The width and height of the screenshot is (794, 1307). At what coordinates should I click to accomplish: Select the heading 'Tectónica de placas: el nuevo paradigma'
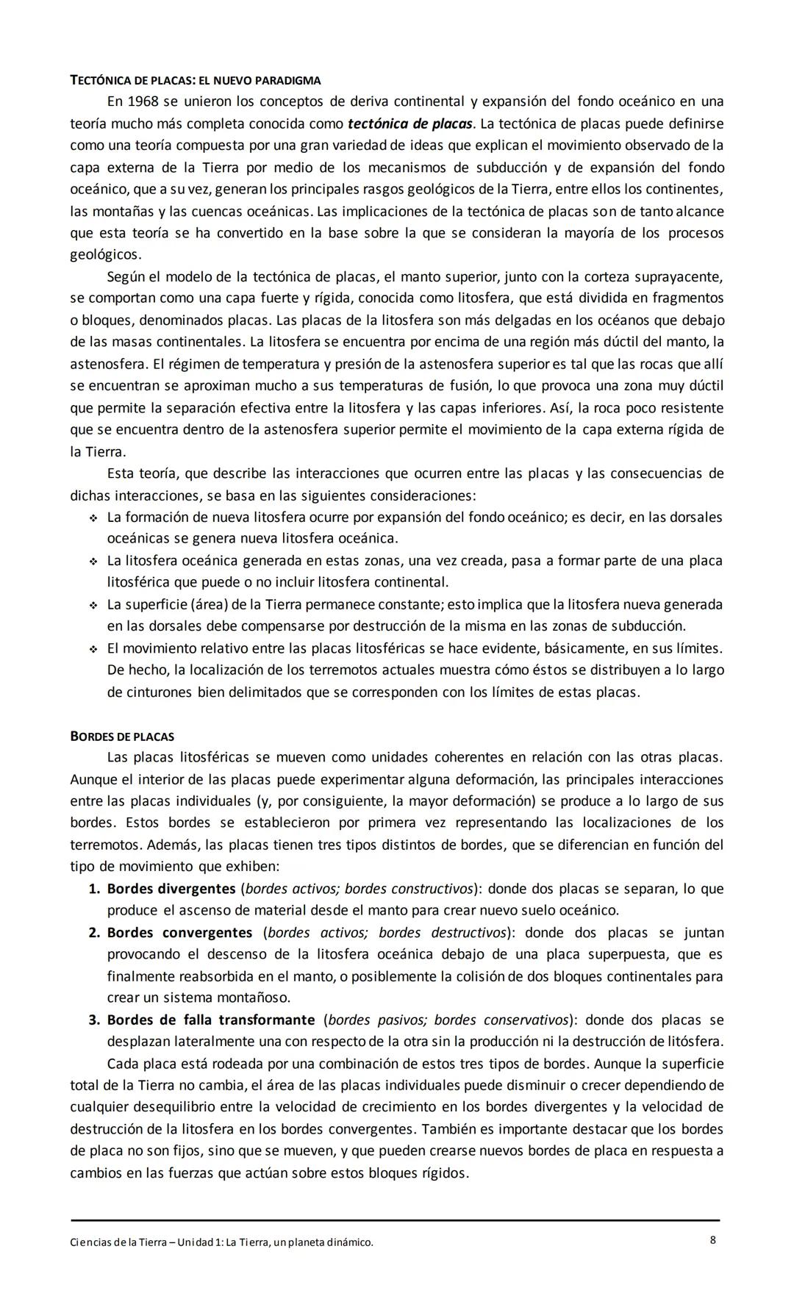pos(195,80)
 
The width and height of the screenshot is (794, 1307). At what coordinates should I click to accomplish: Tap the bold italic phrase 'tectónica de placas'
pos(411,123)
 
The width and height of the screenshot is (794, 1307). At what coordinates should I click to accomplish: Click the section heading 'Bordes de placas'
pos(122,737)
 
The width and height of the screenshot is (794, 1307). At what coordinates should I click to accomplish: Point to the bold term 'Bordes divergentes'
pos(171,889)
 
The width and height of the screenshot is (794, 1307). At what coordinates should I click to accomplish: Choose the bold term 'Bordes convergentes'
pos(179,933)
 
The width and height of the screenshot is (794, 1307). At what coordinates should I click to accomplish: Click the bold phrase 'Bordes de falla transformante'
pos(211,1020)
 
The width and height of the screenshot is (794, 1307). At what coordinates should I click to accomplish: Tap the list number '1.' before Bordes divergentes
pos(95,889)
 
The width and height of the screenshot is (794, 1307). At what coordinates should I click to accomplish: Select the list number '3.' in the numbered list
pos(95,1020)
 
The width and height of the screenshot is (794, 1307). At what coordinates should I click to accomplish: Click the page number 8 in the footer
pos(713,1240)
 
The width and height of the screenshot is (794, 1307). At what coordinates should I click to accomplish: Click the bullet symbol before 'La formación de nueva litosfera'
pos(94,518)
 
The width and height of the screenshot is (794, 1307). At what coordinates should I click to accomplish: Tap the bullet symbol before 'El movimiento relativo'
pos(94,649)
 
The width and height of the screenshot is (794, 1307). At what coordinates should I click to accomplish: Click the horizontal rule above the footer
pos(395,1220)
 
